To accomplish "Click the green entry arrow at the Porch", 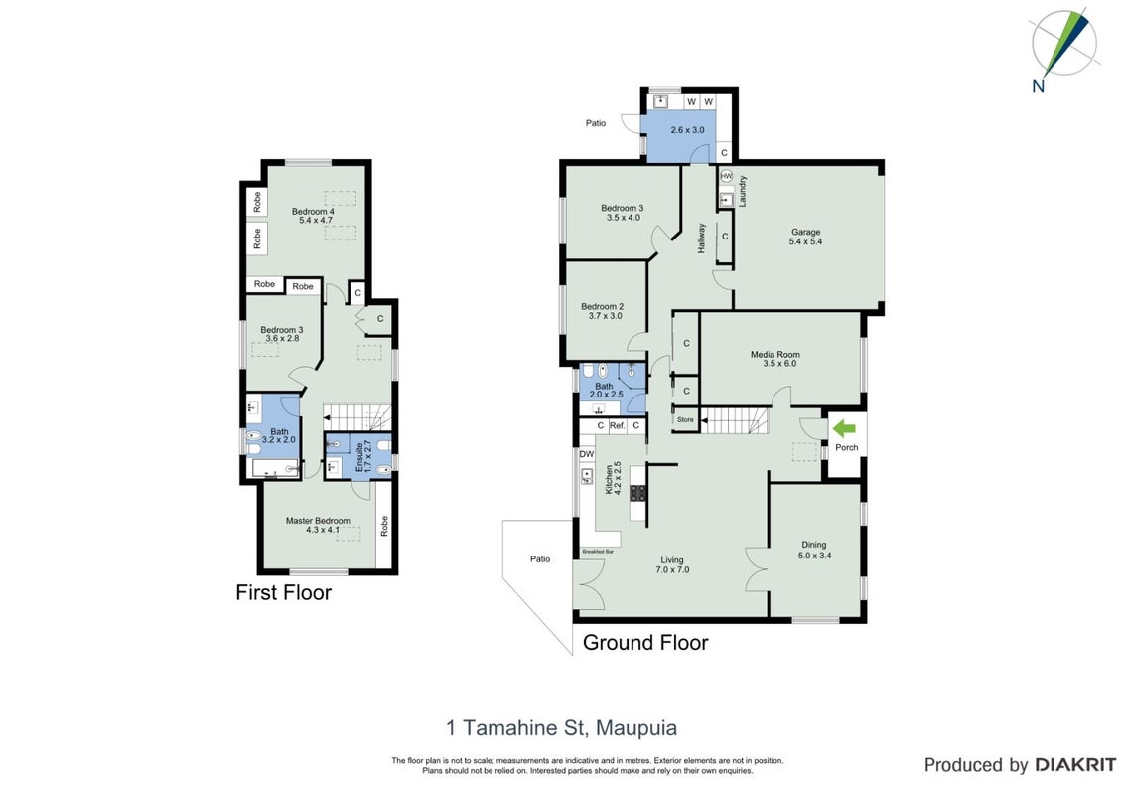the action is click(x=844, y=429).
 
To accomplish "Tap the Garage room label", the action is click(x=805, y=232).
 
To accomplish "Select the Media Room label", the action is click(x=774, y=354).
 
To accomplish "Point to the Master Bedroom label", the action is click(x=318, y=520).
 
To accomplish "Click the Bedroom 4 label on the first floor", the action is click(x=313, y=211).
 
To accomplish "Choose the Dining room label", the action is click(x=813, y=545).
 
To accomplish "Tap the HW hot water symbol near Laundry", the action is click(x=726, y=176).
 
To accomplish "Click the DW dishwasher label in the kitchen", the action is click(x=587, y=454).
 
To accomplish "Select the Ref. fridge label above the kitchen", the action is click(x=617, y=425).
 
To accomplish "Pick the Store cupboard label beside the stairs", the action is click(x=685, y=419).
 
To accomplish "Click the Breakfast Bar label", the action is click(x=598, y=552).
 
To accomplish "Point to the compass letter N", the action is click(x=1038, y=86).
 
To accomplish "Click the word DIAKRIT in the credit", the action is click(x=1075, y=765).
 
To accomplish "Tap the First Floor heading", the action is click(x=284, y=592).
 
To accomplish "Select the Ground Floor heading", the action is click(x=645, y=642).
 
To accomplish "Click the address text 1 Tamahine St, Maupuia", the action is click(x=561, y=728).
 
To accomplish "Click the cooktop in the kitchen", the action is click(x=637, y=493).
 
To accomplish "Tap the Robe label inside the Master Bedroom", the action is click(x=384, y=526).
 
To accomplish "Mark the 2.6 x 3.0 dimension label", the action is click(x=687, y=130).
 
